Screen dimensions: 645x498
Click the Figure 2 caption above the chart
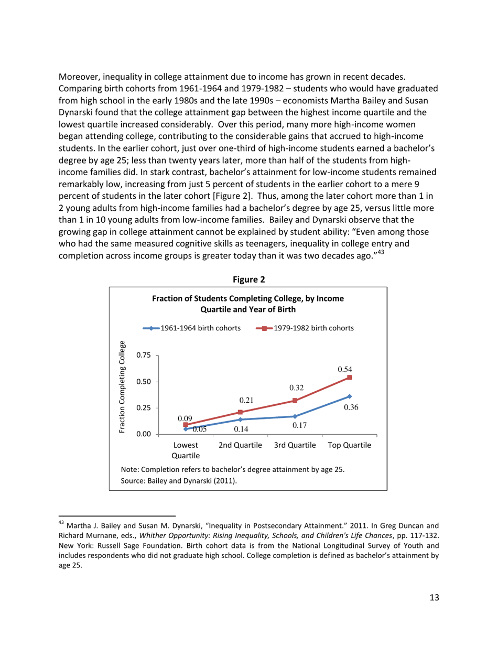[x=248, y=279]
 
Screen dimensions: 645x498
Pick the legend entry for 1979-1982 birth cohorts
[x=307, y=328]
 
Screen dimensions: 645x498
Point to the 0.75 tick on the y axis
[x=144, y=355]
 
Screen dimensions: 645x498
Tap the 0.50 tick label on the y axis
[x=144, y=382]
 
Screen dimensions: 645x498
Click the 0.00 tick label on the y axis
[x=144, y=434]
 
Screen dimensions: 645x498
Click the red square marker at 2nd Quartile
[x=240, y=412]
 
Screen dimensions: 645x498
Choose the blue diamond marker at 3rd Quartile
[x=295, y=416]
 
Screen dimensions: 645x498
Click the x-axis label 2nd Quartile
[x=240, y=445]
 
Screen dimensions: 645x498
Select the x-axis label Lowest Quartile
[x=186, y=450]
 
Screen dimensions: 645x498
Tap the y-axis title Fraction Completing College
[x=122, y=387]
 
